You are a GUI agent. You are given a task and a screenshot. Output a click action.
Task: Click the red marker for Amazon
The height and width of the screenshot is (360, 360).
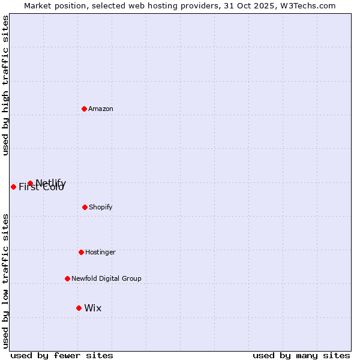point(84,109)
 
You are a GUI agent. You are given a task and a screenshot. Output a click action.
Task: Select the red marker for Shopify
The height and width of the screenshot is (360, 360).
point(85,207)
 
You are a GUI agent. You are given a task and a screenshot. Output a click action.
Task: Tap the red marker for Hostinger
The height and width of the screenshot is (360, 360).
point(81,252)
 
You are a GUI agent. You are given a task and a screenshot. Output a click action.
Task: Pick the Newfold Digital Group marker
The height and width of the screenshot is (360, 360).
point(67,278)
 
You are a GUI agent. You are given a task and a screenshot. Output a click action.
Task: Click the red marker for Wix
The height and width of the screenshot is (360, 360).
point(79,308)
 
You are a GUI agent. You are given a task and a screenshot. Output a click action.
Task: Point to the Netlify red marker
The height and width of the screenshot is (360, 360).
point(30,183)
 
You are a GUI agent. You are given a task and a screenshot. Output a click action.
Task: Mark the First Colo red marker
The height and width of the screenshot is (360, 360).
point(13,187)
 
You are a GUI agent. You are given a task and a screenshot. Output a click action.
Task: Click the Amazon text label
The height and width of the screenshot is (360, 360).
point(101,109)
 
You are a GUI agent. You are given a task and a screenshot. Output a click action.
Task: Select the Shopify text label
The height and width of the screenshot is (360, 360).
point(101,207)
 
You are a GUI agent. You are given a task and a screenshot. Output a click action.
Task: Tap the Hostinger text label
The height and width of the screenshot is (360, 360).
point(100,252)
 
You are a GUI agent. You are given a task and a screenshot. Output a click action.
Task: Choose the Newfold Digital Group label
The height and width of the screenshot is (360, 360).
point(106,278)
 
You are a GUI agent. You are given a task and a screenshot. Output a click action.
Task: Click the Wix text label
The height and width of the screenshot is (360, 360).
point(93,308)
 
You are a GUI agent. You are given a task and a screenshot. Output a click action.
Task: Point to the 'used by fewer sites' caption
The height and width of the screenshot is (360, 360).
point(62,355)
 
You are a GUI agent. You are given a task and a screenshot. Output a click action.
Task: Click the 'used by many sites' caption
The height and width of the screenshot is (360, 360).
point(301,355)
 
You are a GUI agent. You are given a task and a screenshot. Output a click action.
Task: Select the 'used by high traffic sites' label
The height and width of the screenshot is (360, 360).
point(5,85)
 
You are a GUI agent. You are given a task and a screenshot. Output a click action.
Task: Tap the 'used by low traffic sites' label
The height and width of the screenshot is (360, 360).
point(5,281)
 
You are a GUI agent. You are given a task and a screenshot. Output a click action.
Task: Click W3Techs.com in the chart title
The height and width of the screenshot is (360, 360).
point(308,5)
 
